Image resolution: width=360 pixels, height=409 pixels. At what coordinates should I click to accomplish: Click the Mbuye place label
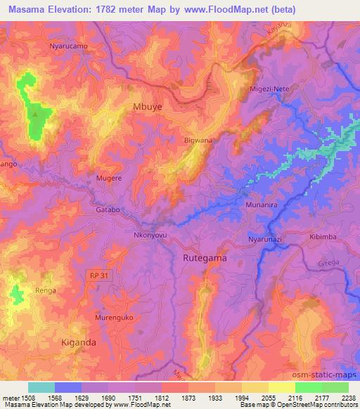point(147,108)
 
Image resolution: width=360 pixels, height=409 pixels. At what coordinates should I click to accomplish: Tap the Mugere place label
point(110,178)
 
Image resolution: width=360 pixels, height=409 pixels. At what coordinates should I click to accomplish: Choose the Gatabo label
point(108,209)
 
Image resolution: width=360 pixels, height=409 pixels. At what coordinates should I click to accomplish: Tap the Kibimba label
point(323,237)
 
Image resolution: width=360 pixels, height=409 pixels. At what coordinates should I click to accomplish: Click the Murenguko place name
point(114,318)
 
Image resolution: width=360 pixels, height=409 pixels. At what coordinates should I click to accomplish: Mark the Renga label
point(44,290)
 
